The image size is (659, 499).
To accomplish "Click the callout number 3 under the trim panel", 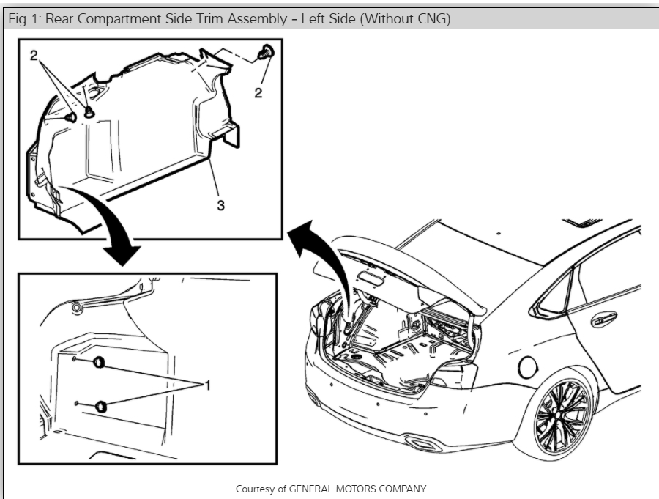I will (x=220, y=206).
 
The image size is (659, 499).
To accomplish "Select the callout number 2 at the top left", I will (x=34, y=55).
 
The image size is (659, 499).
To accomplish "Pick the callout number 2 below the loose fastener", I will (x=258, y=92).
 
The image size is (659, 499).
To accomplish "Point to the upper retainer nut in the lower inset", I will (x=99, y=361).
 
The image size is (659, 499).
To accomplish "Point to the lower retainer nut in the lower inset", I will (x=100, y=407).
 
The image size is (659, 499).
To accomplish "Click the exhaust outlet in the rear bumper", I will (x=420, y=443).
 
